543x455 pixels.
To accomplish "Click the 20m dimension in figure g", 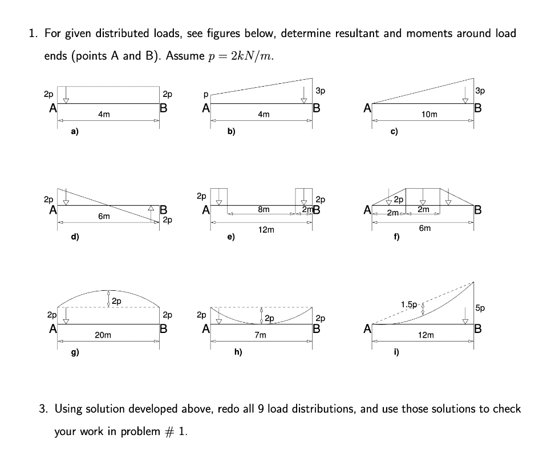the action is [x=103, y=336].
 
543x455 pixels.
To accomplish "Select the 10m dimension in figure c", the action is [x=429, y=115].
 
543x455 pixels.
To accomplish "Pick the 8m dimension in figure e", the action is [x=264, y=210].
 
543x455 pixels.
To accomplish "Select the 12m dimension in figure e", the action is [x=266, y=230].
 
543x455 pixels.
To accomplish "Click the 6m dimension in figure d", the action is [x=103, y=217].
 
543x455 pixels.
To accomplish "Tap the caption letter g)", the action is [x=74, y=352].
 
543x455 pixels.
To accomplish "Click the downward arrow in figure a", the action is [x=66, y=94].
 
